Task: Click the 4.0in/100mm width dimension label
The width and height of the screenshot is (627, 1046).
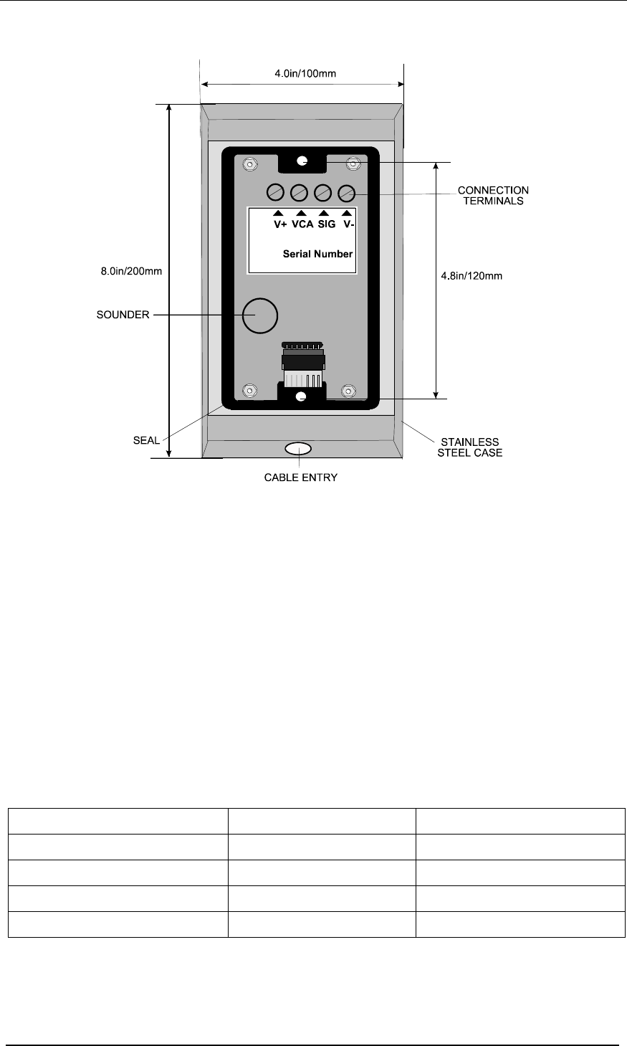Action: coord(305,73)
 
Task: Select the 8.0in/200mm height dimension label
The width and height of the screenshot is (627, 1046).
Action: coord(131,271)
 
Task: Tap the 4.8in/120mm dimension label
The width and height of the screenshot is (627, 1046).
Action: coord(472,276)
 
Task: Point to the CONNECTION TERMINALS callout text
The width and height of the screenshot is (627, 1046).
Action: coord(493,196)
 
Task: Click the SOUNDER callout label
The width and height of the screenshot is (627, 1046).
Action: coord(123,315)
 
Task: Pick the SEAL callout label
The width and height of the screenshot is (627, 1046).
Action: coord(146,440)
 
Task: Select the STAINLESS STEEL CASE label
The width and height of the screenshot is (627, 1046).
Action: coord(469,447)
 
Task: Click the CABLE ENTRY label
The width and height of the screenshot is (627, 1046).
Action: coord(301,477)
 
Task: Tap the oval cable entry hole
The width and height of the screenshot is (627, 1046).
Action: coord(298,450)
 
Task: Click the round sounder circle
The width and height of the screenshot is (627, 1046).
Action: coord(260,316)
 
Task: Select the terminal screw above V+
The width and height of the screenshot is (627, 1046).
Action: coord(275,192)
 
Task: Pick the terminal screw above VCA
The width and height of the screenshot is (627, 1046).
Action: coord(300,192)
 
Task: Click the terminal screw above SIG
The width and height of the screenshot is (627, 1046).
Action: coord(323,192)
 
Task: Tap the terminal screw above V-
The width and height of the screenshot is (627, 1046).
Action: coord(346,193)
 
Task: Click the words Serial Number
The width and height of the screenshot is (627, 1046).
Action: coord(317,254)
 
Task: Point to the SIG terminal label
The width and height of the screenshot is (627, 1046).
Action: coord(327,224)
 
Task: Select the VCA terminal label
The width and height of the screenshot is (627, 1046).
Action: coord(302,224)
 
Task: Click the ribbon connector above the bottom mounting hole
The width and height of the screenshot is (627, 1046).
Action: coord(303,365)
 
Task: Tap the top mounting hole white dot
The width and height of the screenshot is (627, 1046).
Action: coord(302,161)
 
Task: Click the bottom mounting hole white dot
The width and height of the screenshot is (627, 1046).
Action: coord(302,397)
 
